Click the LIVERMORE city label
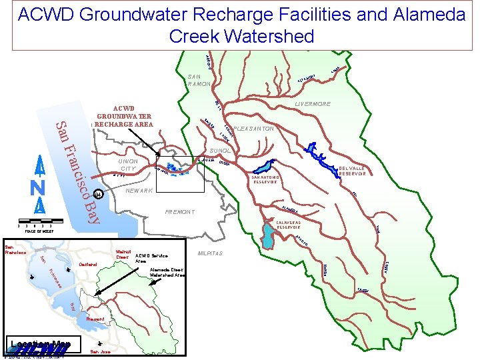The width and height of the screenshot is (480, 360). click(x=313, y=105)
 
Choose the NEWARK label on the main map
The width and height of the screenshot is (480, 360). click(x=139, y=191)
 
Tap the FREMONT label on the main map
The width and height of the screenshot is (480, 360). click(x=179, y=212)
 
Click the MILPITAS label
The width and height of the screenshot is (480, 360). click(x=211, y=253)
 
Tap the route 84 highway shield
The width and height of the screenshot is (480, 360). click(x=98, y=195)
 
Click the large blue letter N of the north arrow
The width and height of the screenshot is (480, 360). click(x=39, y=188)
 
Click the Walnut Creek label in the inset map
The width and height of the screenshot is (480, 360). click(x=121, y=254)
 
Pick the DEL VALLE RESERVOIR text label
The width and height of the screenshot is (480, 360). click(x=352, y=171)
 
